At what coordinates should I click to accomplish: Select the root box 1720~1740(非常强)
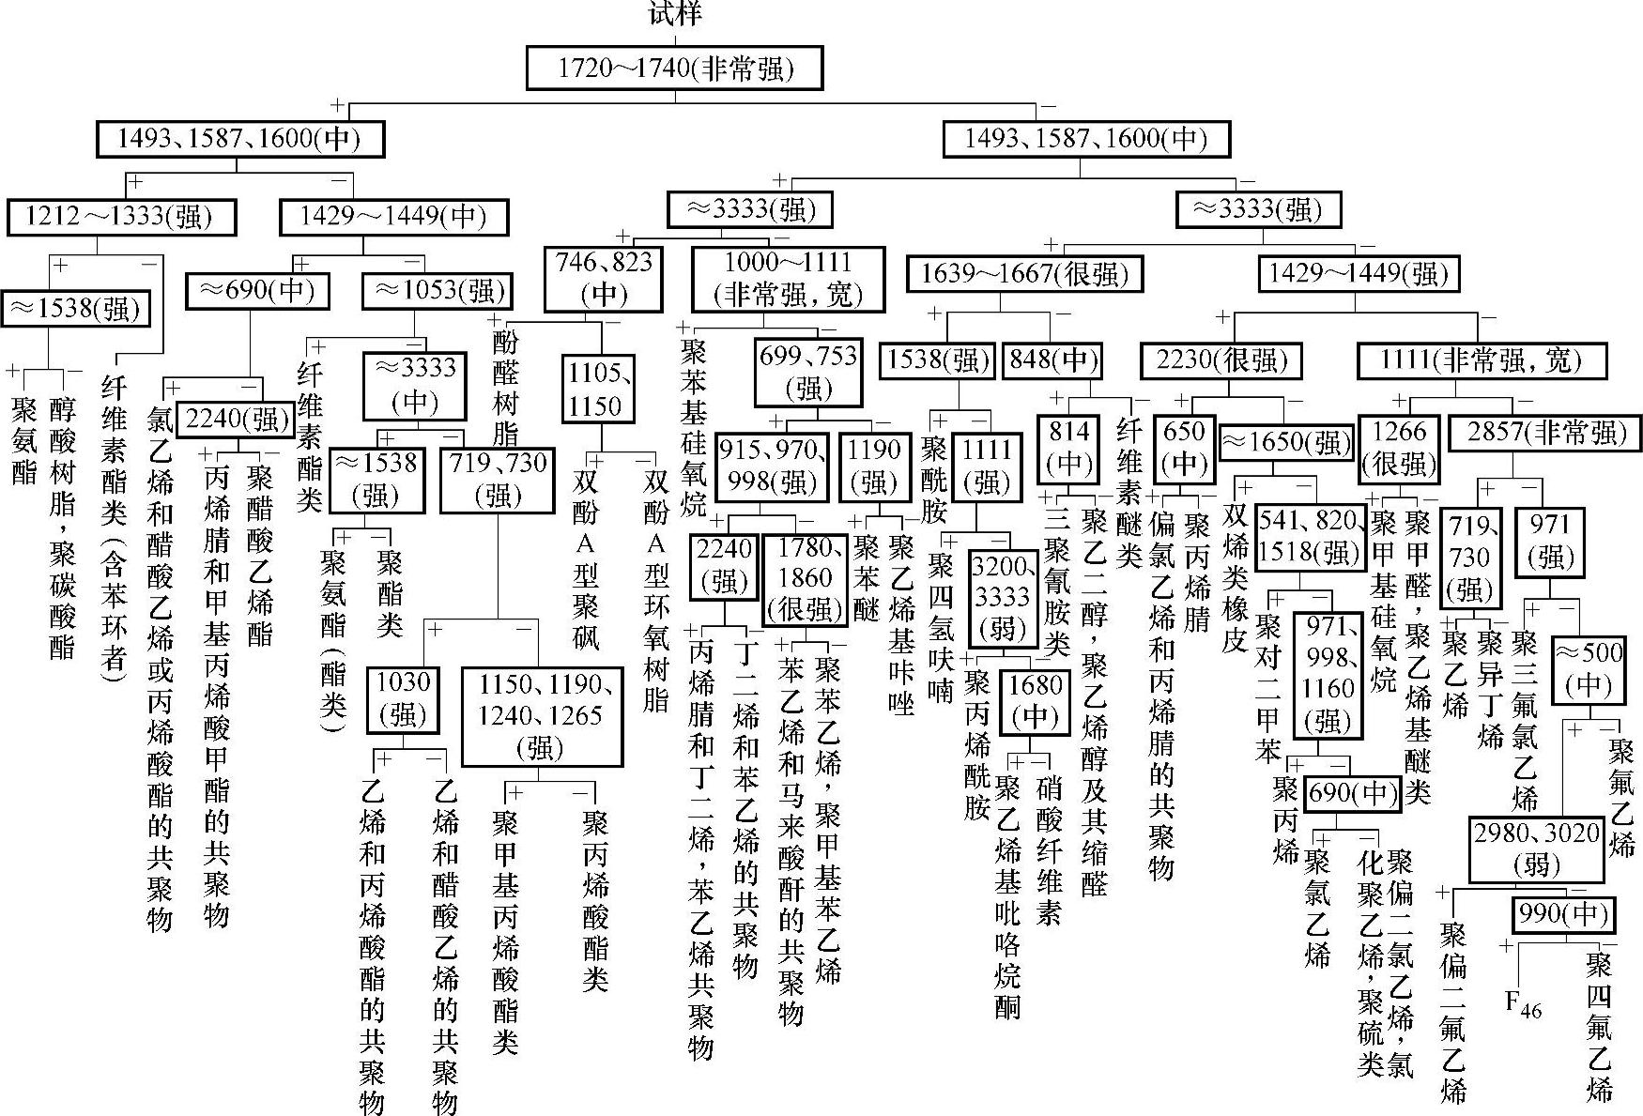[674, 69]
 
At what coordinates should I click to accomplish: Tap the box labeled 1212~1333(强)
[120, 217]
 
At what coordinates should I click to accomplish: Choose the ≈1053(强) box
[438, 291]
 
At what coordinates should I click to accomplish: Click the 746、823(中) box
[604, 278]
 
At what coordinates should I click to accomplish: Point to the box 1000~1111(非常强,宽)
[789, 278]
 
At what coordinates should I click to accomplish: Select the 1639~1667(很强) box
[1024, 274]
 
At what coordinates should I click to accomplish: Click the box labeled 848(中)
[1052, 360]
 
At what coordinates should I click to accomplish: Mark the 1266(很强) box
[1399, 448]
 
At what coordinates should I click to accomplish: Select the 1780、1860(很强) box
[805, 578]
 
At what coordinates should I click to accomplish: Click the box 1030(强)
[403, 698]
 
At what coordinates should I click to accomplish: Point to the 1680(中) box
[1035, 700]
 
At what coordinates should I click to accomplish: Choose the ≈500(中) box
[1589, 668]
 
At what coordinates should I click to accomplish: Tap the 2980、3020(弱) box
[1536, 848]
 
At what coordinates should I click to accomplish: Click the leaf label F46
[1523, 1003]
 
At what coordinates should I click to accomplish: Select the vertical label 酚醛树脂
[505, 387]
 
